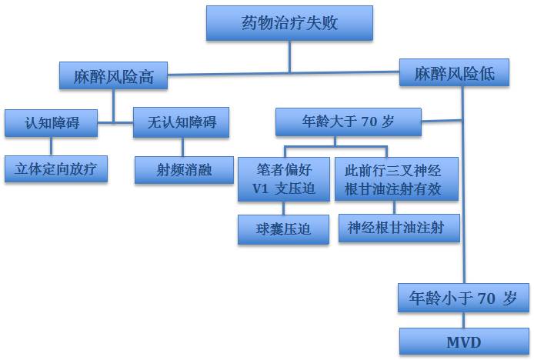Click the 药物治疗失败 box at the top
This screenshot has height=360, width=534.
point(289,23)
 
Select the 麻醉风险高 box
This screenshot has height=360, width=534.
point(114,75)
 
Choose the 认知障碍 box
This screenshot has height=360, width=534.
point(52,122)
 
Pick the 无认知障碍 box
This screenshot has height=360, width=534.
point(181,122)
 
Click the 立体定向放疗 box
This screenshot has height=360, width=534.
point(55,169)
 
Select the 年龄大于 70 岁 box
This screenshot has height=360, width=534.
point(349,122)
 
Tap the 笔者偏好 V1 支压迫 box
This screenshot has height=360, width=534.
point(284,179)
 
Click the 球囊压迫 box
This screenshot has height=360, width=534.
point(284,229)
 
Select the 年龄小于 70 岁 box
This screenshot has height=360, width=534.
point(463,297)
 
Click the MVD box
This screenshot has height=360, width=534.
point(463,341)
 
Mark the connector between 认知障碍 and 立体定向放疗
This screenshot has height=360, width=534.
point(52,146)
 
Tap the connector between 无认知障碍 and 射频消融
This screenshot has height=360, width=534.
point(183,147)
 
